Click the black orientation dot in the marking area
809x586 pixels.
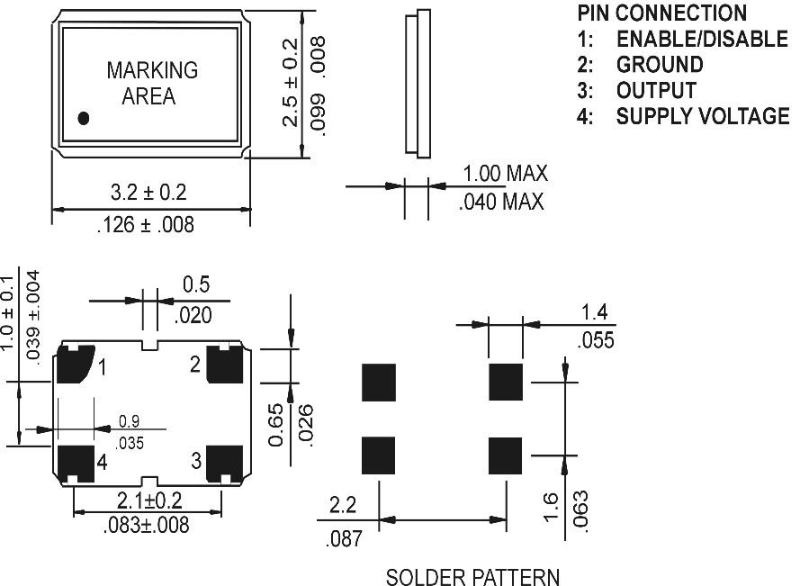point(85,118)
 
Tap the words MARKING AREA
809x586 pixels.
point(151,83)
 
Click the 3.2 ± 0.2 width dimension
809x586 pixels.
point(148,192)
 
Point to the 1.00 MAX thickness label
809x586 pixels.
point(504,174)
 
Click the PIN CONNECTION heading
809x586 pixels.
point(661,13)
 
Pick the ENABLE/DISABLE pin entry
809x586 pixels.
point(702,39)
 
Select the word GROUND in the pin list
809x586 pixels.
point(660,65)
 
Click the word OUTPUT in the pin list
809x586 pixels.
point(656,91)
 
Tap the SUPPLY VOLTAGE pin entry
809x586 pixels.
point(703,116)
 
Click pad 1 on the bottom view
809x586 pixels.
point(75,365)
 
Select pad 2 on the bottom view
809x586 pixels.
point(225,363)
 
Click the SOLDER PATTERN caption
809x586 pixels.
point(472,576)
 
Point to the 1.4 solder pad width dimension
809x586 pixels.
point(594,313)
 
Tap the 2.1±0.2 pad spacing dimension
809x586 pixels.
point(148,500)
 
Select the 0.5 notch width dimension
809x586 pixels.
point(197,284)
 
